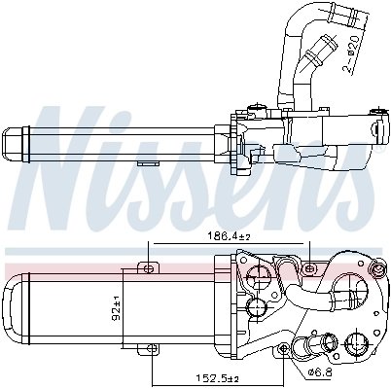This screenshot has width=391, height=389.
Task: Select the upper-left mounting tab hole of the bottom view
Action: coord(148,265)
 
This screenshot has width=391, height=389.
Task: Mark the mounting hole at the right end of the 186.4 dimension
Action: coord(309,265)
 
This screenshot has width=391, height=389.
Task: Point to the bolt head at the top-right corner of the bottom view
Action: coord(373,265)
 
